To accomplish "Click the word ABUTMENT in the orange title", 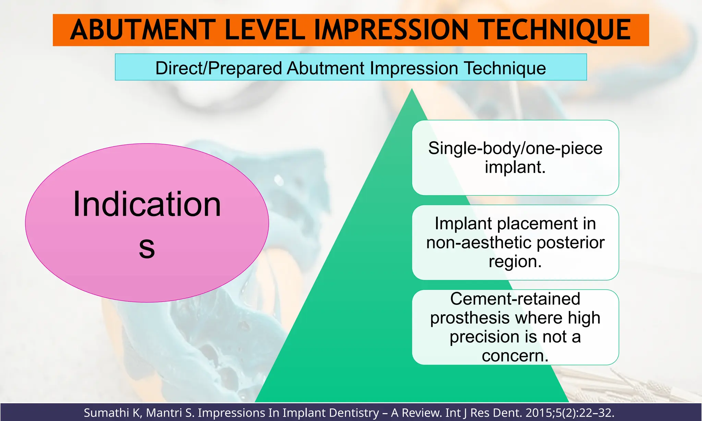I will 143,30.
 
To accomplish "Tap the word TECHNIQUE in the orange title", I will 556,30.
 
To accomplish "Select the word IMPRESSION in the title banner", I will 391,30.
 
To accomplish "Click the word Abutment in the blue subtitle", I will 325,68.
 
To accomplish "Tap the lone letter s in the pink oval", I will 147,247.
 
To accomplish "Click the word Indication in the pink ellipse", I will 147,204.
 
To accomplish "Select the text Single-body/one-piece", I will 515,148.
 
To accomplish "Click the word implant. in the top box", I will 515,167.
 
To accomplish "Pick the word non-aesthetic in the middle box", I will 479,243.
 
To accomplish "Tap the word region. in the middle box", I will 515,261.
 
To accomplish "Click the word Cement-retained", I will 515,299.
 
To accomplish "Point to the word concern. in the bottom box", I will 515,356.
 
